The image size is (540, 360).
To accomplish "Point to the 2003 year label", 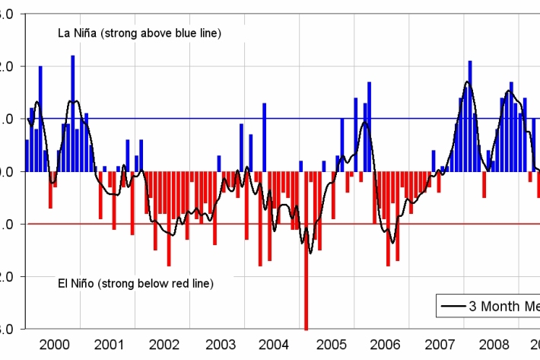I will [x=219, y=343].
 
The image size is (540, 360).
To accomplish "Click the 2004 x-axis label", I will [x=274, y=343].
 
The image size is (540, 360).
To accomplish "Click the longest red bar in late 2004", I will [x=306, y=251].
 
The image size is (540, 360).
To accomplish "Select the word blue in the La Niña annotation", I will [x=180, y=33].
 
